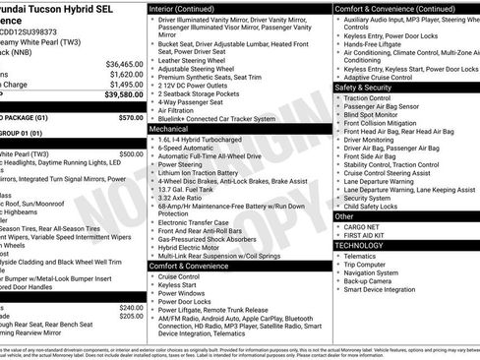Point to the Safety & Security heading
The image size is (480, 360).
pos(367,88)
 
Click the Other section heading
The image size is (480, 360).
pos(344,215)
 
